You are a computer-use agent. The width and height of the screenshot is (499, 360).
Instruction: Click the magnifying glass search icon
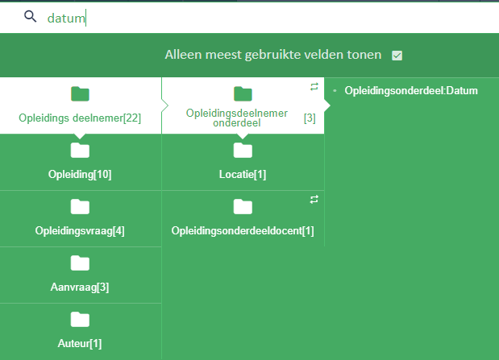click(x=31, y=16)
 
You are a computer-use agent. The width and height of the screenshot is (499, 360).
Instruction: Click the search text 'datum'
click(x=66, y=19)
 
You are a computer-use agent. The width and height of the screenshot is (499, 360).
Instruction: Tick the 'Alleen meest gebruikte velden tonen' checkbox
click(x=397, y=56)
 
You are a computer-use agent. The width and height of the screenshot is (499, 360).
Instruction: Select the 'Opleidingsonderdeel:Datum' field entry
click(x=411, y=91)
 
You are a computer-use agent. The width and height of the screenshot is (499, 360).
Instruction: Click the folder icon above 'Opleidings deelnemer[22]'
click(x=80, y=93)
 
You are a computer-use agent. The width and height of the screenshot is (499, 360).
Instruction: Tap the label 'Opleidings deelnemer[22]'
click(x=80, y=118)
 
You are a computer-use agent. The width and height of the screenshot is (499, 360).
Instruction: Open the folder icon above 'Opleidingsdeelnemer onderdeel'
click(x=243, y=93)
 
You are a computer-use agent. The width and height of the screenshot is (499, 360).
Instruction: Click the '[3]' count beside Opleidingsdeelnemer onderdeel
click(x=310, y=118)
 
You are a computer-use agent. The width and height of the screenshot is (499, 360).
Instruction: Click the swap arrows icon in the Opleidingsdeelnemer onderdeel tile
click(x=314, y=86)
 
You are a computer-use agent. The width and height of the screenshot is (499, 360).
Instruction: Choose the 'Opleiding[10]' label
click(x=80, y=174)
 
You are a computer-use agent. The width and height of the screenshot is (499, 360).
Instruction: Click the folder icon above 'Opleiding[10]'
click(x=80, y=150)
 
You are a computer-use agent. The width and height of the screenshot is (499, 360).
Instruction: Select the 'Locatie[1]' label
click(x=243, y=174)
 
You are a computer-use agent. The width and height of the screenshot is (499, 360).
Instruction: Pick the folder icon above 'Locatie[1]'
click(x=243, y=150)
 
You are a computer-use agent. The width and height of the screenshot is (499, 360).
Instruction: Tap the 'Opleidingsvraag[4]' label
click(x=80, y=230)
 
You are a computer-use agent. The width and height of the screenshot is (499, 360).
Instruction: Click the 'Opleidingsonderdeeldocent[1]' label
click(x=243, y=230)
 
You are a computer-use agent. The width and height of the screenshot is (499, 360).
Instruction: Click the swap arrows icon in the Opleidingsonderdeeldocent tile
click(x=314, y=200)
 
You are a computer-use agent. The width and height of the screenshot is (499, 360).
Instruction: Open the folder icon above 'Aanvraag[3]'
click(x=80, y=263)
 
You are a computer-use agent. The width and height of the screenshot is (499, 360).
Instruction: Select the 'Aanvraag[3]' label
click(x=80, y=288)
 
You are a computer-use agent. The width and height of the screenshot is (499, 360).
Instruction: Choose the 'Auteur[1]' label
click(x=80, y=343)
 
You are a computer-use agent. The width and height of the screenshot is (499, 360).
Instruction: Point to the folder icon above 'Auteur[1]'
click(x=80, y=319)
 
